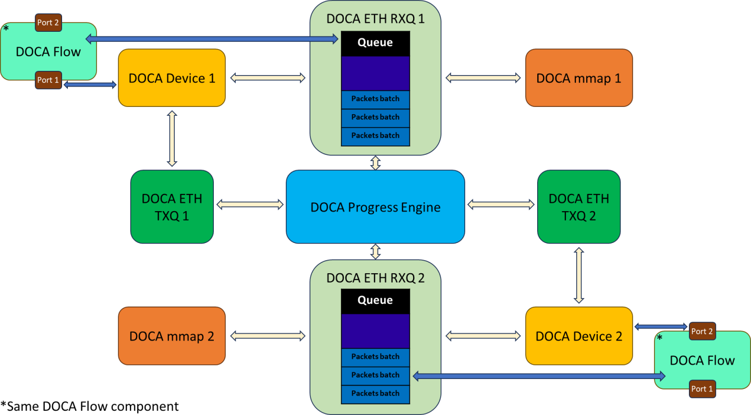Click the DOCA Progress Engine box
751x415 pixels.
coord(375,206)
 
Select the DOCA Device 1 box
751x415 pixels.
coord(172,78)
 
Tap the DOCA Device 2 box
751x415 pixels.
coord(578,336)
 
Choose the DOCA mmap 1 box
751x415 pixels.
coord(578,78)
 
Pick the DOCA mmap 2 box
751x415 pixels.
coord(172,336)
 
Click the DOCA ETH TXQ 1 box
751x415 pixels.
coord(172,206)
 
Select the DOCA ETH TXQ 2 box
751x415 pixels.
coord(578,206)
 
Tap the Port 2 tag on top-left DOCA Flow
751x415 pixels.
coord(48,22)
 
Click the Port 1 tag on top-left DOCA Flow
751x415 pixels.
coord(48,80)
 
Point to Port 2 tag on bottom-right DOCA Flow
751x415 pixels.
coord(701,331)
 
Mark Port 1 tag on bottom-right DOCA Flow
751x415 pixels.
coord(701,389)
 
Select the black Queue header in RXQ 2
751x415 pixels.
coord(375,301)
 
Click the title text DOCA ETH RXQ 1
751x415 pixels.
coord(375,19)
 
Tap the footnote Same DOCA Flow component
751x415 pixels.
coord(90,406)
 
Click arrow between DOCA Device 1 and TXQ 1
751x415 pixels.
coord(172,138)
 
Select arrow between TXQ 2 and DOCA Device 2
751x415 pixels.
coord(578,275)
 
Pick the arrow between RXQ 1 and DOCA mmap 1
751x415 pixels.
coord(483,78)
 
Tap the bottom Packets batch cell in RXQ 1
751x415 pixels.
coord(375,136)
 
